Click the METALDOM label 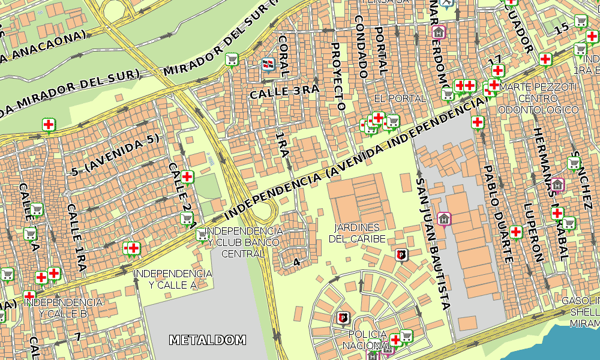tap(208, 340)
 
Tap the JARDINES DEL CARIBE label tap(357, 233)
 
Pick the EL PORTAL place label tap(400, 98)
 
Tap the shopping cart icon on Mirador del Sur tap(232, 59)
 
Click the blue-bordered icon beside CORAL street tap(268, 63)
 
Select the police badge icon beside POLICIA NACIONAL tap(343, 317)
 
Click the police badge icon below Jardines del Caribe tap(401, 254)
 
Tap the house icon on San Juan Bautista tap(443, 219)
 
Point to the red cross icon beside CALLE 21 tap(187, 176)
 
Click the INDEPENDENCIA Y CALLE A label tap(172, 279)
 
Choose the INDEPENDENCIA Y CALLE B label tap(63, 308)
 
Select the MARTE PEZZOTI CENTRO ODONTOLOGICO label tap(538, 98)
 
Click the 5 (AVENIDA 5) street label tap(116, 154)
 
